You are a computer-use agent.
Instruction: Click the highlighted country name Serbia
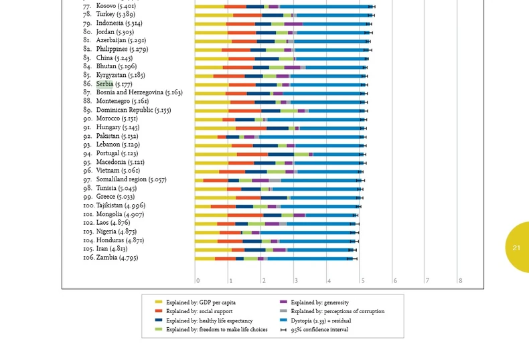click(104, 84)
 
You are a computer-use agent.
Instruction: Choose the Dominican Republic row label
click(133, 110)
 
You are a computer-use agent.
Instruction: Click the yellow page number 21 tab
click(516, 248)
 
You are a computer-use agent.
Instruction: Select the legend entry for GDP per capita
click(200, 302)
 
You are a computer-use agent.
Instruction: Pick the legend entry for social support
click(199, 311)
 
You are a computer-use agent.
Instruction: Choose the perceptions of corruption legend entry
click(337, 311)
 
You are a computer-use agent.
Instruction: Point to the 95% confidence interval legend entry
click(319, 330)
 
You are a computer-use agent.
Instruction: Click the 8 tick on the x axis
click(460, 281)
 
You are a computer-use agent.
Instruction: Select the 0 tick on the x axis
click(198, 281)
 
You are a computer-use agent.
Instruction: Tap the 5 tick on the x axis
click(362, 281)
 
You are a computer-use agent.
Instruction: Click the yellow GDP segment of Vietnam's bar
click(207, 171)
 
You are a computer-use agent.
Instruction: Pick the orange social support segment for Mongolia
click(246, 215)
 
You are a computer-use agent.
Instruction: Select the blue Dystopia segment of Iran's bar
click(319, 250)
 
